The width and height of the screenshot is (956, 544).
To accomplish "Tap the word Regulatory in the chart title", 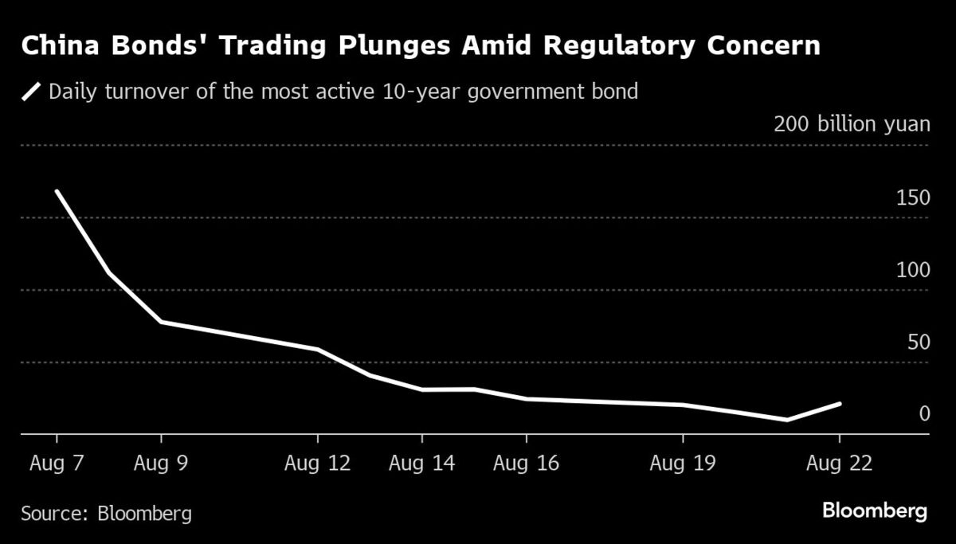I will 630,46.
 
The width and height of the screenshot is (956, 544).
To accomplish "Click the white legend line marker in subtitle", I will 32,92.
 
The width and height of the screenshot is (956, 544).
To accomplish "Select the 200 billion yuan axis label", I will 852,124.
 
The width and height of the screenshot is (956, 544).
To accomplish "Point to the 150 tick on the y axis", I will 913,198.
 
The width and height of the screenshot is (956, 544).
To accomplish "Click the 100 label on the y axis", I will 913,270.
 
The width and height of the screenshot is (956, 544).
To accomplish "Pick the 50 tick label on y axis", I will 919,342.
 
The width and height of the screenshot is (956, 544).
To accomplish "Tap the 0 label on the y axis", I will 924,414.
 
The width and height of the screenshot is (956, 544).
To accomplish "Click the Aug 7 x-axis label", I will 57,464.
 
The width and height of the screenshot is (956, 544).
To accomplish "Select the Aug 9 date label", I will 161,464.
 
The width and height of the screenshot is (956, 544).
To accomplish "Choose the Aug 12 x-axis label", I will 318,464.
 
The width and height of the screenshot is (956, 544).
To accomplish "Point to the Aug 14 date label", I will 422,464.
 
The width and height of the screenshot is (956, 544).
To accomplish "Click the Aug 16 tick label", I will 527,464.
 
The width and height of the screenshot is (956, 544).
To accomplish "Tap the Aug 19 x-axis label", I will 683,464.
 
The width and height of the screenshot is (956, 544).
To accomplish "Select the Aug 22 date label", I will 839,464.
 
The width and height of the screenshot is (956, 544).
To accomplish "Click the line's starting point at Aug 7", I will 57,191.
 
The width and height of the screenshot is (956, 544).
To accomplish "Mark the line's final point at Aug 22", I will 839,404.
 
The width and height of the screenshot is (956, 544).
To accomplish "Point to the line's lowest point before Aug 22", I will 787,420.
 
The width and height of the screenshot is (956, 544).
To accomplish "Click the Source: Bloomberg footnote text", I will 106,513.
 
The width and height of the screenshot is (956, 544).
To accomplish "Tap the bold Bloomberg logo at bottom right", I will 875,511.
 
